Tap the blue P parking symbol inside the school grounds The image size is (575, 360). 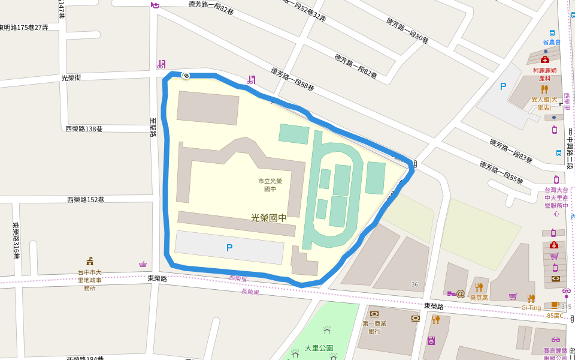click(229, 247)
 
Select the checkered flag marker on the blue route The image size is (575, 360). click(186, 76)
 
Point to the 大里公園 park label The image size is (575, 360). click(319, 348)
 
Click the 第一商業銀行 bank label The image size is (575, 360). click(374, 327)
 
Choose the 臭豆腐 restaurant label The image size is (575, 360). click(479, 297)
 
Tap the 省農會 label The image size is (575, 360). click(552, 43)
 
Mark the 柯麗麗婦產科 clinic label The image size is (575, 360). click(545, 74)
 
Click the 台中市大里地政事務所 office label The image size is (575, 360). click(90, 280)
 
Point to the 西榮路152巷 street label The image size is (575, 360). click(86, 200)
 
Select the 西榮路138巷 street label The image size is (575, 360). click(84, 129)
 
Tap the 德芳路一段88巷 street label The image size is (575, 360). click(292, 79)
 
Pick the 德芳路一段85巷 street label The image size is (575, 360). click(501, 172)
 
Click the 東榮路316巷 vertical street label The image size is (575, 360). click(16, 241)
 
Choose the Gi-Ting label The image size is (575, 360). click(531, 308)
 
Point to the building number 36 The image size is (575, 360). click(414, 284)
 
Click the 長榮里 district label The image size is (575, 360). click(250, 292)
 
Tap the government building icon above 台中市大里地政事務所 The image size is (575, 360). click(90, 261)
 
